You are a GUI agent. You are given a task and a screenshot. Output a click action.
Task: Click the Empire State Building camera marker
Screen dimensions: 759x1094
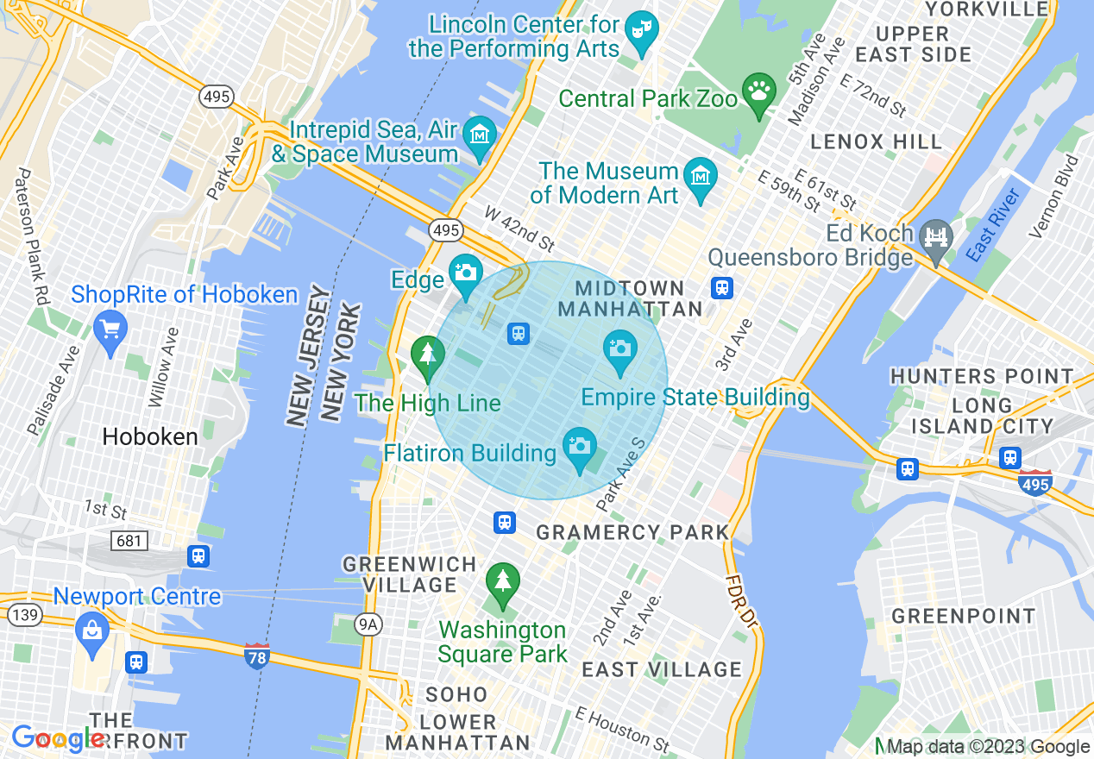[x=619, y=349]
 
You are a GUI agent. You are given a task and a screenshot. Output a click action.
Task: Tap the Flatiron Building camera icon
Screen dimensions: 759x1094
[x=580, y=447]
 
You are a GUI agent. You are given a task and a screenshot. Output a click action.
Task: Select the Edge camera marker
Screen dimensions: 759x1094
[x=466, y=273]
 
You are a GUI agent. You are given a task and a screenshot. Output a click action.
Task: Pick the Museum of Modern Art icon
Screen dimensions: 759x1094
[x=700, y=177]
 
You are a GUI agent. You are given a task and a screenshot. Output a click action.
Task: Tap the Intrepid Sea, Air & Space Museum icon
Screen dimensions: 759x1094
[x=479, y=135]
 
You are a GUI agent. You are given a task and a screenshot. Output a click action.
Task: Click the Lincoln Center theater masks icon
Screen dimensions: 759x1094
[x=641, y=30]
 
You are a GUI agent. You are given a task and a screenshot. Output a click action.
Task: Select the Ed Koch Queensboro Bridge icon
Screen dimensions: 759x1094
[x=935, y=235]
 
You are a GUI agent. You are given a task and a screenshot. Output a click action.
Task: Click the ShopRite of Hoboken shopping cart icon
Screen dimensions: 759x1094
[x=110, y=329]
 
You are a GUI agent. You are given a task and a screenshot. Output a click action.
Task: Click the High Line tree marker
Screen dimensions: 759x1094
[x=427, y=354]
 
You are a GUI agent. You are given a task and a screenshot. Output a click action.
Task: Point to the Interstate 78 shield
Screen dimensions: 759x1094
[x=256, y=655]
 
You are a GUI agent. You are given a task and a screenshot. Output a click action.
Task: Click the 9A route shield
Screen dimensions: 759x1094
[x=369, y=624]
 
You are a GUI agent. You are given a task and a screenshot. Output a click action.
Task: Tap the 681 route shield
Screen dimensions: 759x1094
[x=129, y=541]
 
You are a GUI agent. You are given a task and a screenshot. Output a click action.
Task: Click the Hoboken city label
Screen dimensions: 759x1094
[x=150, y=436]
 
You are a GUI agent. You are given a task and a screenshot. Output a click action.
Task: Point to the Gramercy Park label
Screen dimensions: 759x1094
[x=633, y=532]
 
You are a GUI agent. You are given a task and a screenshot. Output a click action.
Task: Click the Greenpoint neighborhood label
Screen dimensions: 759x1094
[x=963, y=616]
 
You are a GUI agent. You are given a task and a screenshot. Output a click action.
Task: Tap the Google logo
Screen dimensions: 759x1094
[x=57, y=738]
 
